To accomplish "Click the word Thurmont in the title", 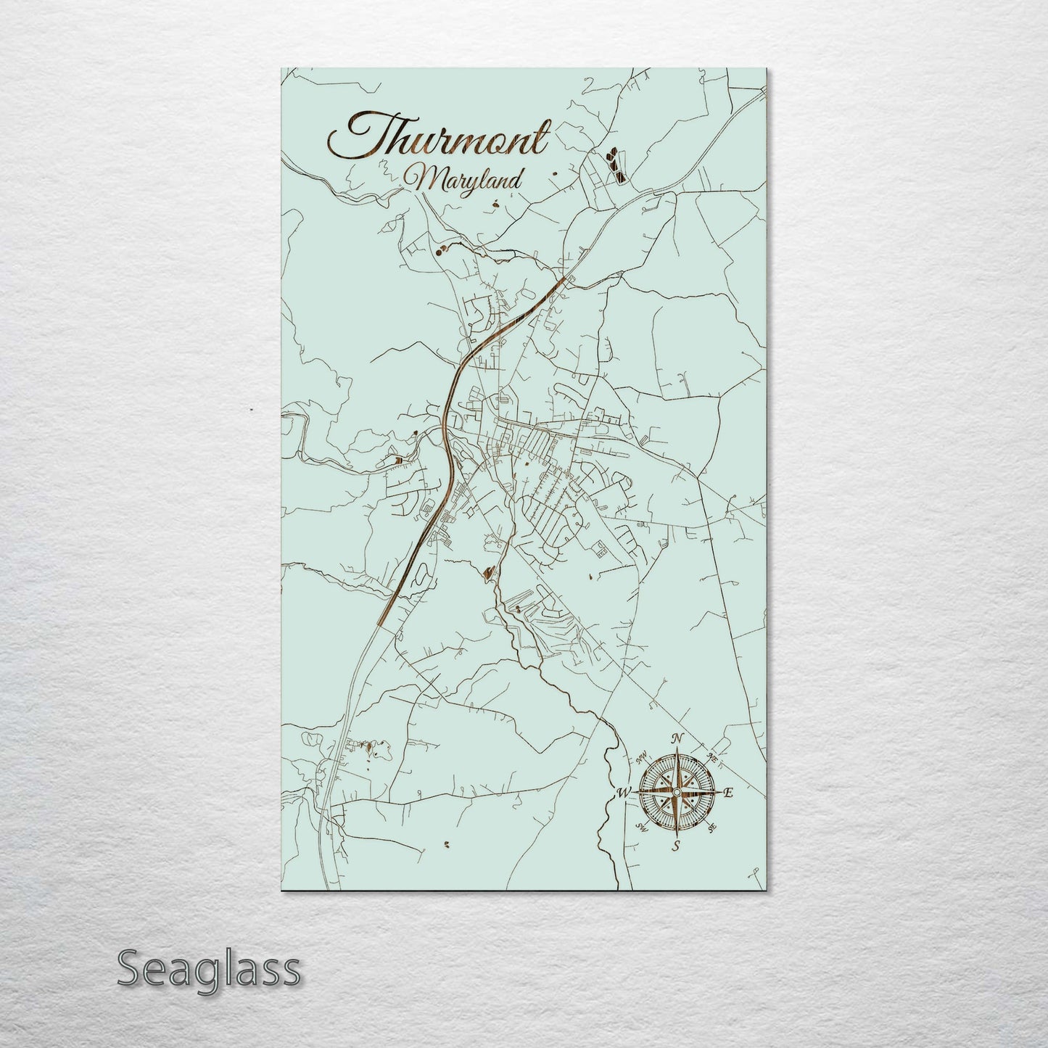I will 439,136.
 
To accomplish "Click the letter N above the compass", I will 677,739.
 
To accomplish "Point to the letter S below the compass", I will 676,846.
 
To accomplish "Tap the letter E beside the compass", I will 729,793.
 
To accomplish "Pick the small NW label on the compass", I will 641,759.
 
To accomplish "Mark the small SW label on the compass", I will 641,827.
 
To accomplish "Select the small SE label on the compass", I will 712,827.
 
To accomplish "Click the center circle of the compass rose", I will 677,793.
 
